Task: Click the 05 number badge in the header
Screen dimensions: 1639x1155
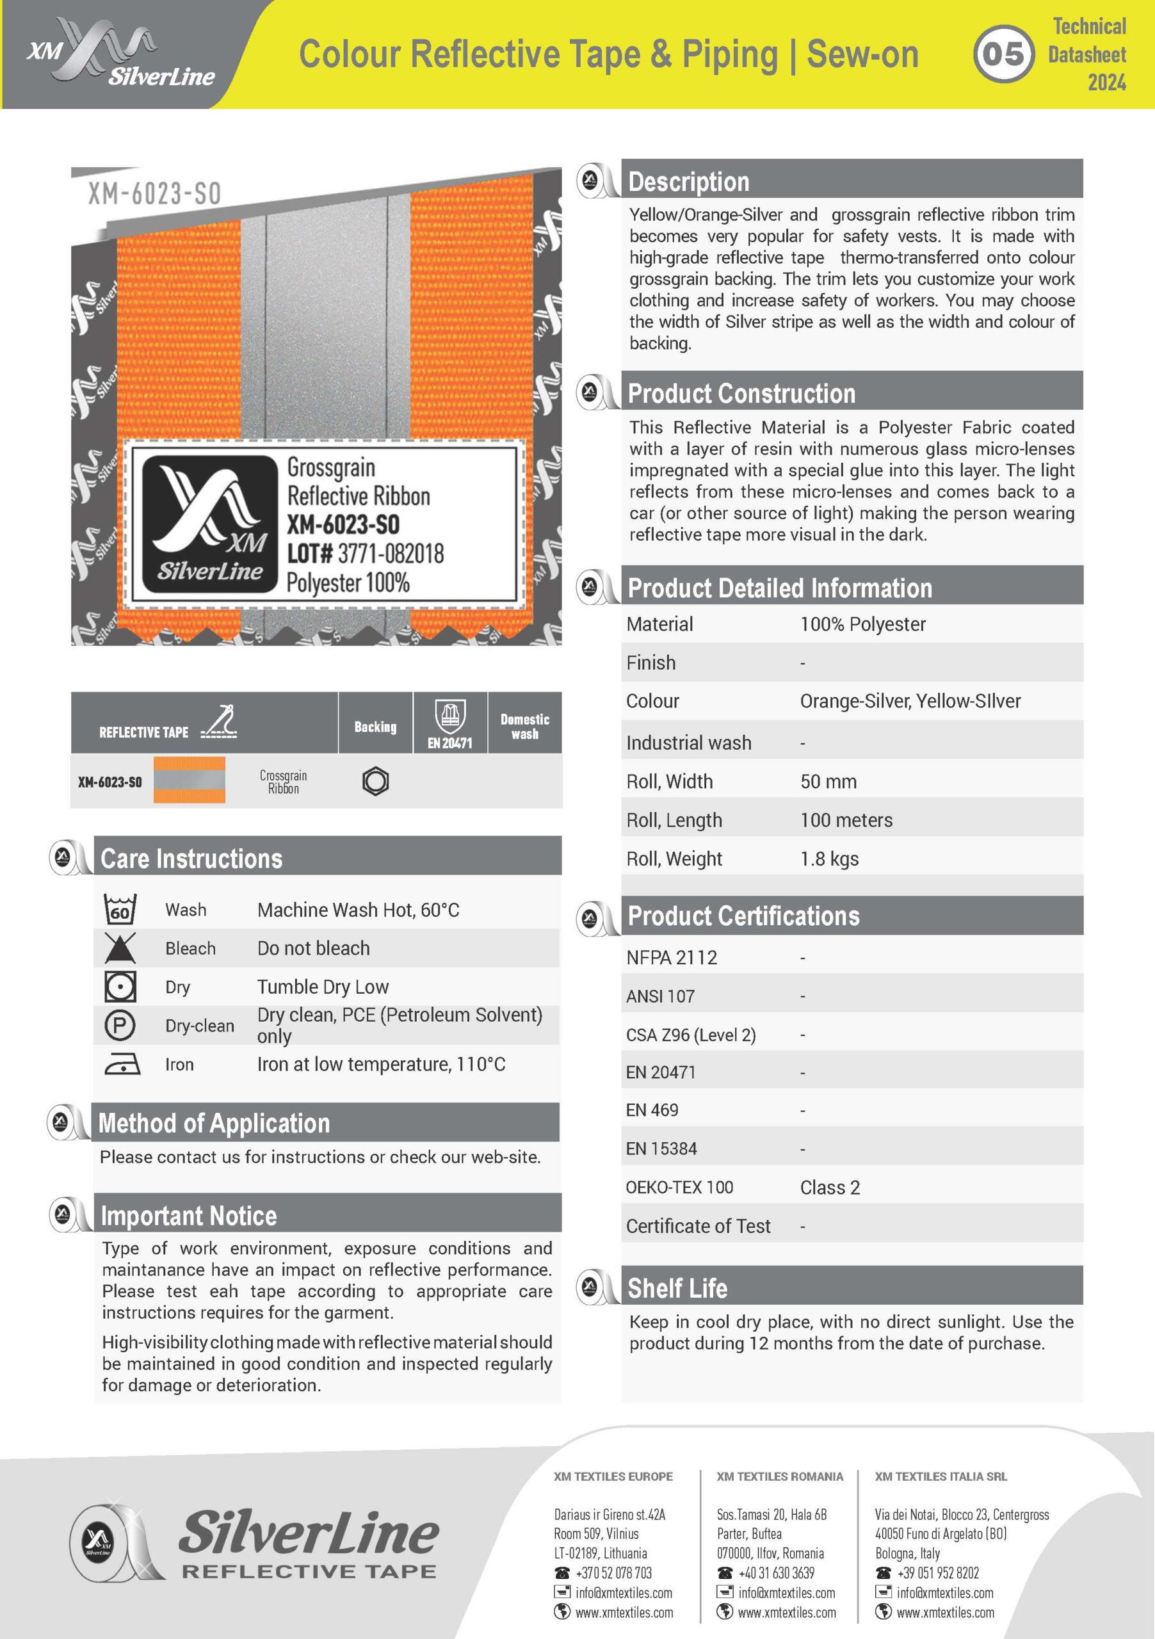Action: pyautogui.click(x=1003, y=54)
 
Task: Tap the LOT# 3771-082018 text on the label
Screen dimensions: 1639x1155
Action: pyautogui.click(x=365, y=553)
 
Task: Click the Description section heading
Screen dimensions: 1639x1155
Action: pyautogui.click(x=688, y=181)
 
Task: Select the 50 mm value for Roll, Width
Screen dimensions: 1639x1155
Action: pyautogui.click(x=828, y=781)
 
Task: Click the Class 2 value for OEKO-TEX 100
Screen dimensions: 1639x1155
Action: pyautogui.click(x=830, y=1187)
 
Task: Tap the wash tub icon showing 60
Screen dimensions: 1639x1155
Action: pyautogui.click(x=120, y=909)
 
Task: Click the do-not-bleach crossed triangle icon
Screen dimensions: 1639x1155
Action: pyautogui.click(x=120, y=948)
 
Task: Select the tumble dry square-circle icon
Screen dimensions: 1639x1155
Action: pyautogui.click(x=120, y=987)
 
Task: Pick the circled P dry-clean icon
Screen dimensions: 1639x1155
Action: pyautogui.click(x=120, y=1026)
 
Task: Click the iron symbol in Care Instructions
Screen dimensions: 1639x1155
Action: pyautogui.click(x=122, y=1063)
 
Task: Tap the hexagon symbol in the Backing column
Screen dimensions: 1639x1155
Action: pyautogui.click(x=375, y=781)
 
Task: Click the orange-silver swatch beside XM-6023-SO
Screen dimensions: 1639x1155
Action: pyautogui.click(x=189, y=780)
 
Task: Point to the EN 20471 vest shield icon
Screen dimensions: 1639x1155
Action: pyautogui.click(x=449, y=716)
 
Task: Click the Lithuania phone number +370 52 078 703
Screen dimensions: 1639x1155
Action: pyautogui.click(x=613, y=1572)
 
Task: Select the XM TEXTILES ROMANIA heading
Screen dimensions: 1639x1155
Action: pyautogui.click(x=780, y=1476)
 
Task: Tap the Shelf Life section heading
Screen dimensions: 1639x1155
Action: pyautogui.click(x=677, y=1289)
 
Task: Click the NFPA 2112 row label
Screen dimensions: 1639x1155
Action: pyautogui.click(x=671, y=957)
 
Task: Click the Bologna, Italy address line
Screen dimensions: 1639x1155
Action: pyautogui.click(x=907, y=1553)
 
